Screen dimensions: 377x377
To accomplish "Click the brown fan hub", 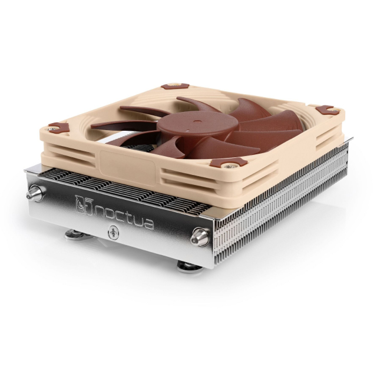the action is click(198, 125).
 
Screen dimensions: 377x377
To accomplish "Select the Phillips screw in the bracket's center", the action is click(114, 232).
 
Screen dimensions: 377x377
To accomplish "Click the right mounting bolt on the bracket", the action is click(200, 237).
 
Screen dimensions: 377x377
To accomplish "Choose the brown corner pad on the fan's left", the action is click(59, 127).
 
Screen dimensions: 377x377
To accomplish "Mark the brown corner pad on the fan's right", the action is click(325, 110).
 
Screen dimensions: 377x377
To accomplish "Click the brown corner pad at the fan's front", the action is click(229, 163).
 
